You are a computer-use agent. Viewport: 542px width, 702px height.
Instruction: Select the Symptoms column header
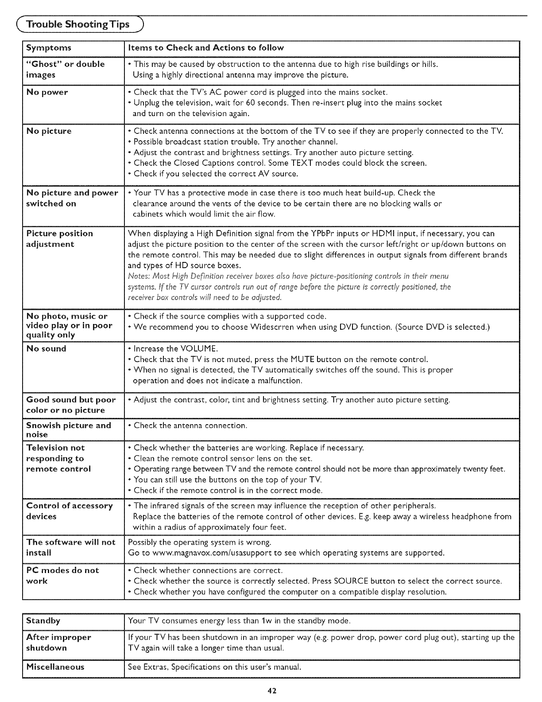point(49,48)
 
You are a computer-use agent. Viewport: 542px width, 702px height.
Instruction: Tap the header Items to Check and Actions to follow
point(205,48)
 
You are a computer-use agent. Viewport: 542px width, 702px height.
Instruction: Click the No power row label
point(47,93)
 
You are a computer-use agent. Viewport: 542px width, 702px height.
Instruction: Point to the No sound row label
point(46,349)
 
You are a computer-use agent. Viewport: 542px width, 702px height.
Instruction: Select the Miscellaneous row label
point(55,667)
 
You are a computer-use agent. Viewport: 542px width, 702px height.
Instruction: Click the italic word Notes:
point(138,276)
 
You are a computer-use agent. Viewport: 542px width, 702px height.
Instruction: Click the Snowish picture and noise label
point(69,430)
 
